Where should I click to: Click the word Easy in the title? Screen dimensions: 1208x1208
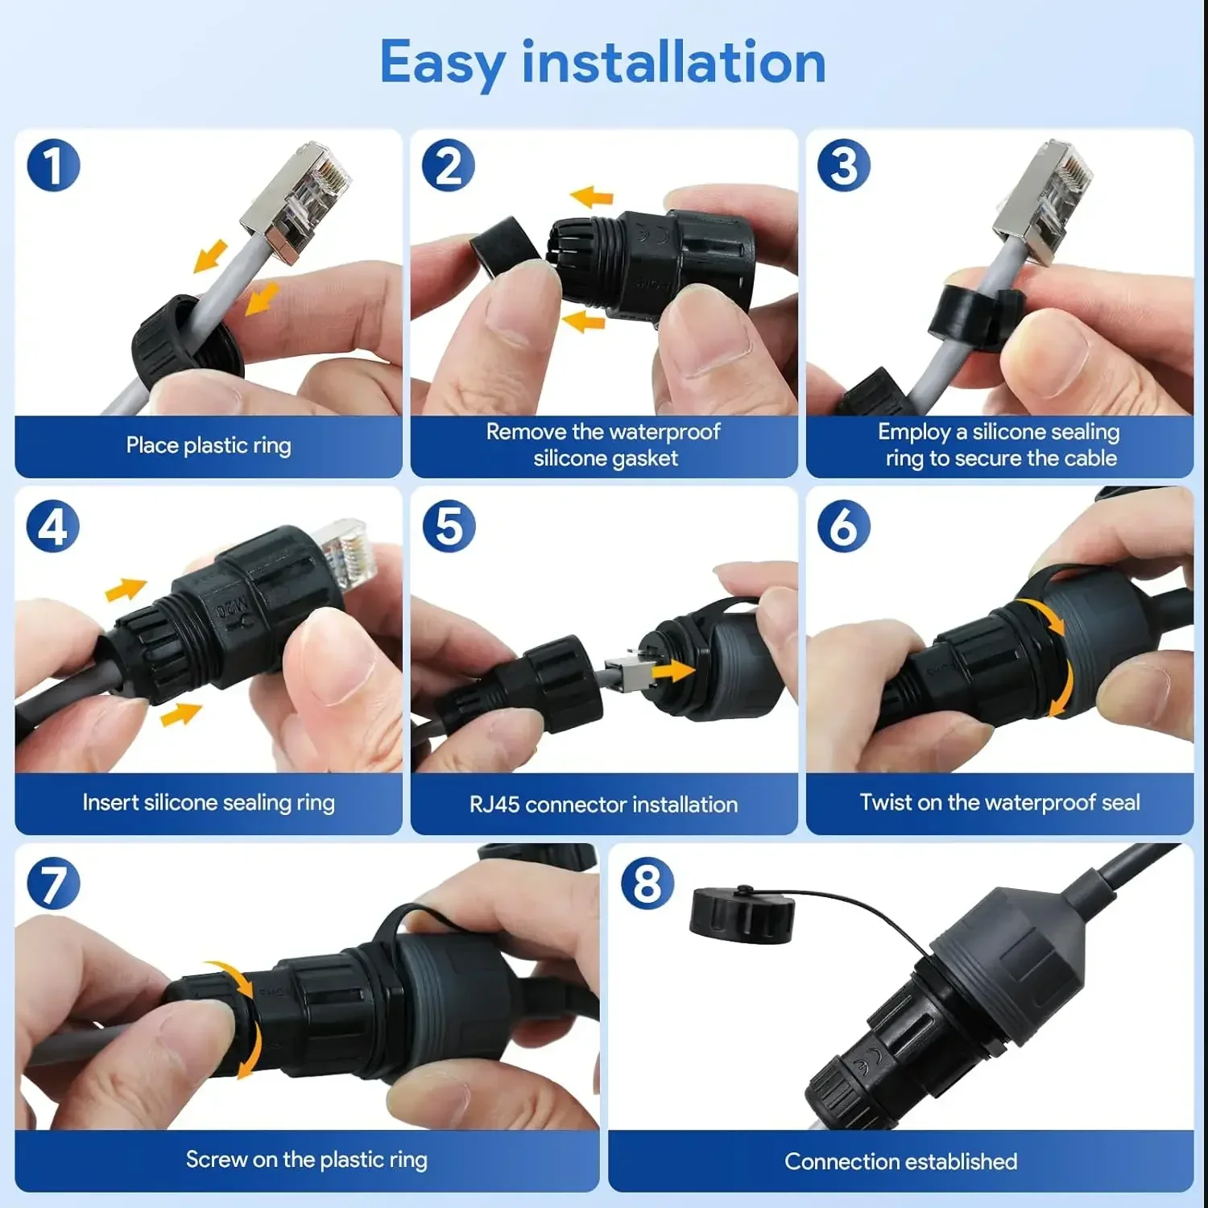pos(442,63)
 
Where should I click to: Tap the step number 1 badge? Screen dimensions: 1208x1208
pos(53,166)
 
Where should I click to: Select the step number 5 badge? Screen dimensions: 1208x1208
pos(449,527)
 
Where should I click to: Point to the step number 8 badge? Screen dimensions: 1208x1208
pos(647,883)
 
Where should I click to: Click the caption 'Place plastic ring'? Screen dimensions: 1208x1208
pos(209,445)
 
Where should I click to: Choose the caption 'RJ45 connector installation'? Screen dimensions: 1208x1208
pos(603,804)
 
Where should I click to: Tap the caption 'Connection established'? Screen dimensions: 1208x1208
pos(900,1161)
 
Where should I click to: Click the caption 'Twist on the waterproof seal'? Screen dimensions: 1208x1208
pos(999,802)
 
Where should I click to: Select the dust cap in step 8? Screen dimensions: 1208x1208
pos(742,913)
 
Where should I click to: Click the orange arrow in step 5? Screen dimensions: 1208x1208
pos(673,670)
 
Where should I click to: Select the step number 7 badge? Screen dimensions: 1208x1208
pos(53,883)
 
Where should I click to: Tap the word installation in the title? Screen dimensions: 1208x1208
pos(674,63)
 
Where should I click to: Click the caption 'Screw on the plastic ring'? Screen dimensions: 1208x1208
pos(306,1160)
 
